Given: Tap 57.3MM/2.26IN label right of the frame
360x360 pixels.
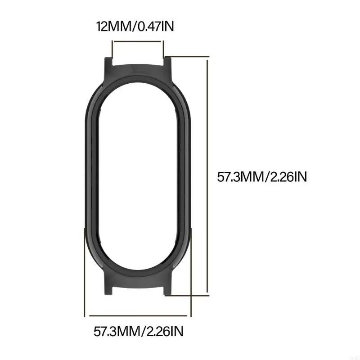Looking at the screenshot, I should pyautogui.click(x=262, y=177).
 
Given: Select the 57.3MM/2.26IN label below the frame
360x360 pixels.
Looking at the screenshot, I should pyautogui.click(x=139, y=332).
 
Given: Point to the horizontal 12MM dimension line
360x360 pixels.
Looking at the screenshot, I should pyautogui.click(x=138, y=41).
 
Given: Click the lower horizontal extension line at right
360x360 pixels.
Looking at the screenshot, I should pyautogui.click(x=189, y=296).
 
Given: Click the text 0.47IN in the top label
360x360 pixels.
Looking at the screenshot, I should pyautogui.click(x=154, y=26).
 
